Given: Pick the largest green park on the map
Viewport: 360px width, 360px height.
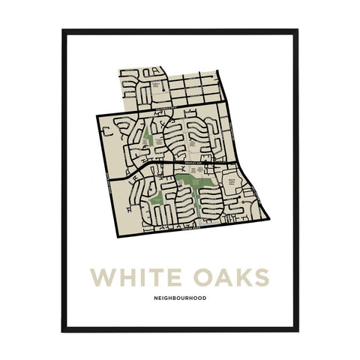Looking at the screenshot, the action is click(197, 184).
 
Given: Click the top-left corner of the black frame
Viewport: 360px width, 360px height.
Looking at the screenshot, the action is click(64, 30).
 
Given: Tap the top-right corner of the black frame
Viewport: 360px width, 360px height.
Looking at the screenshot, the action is click(296, 30).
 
